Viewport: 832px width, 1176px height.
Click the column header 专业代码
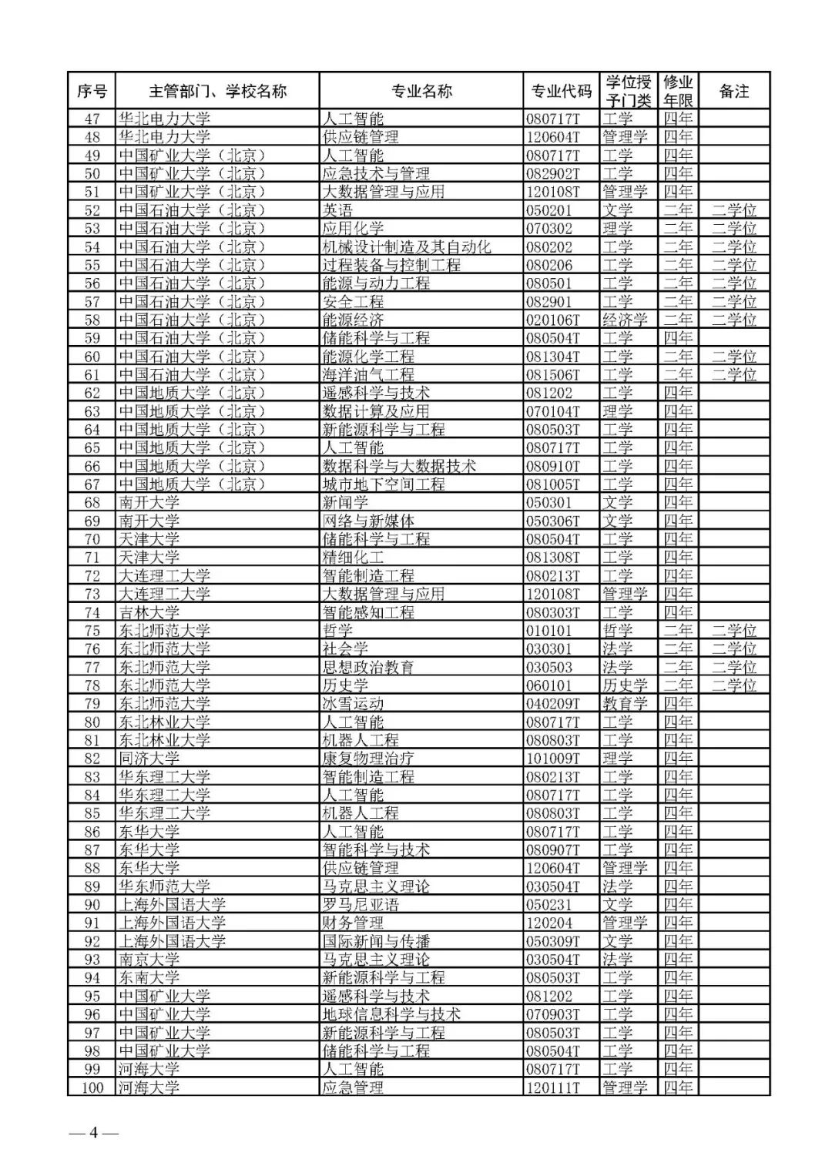[x=561, y=91]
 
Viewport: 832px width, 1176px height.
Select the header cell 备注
[x=733, y=91]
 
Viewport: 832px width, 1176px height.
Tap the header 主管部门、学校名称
[x=217, y=91]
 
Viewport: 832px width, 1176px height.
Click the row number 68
[x=92, y=503]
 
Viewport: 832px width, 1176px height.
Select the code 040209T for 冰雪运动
[x=553, y=704]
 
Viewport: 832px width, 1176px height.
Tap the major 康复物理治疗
[x=368, y=759]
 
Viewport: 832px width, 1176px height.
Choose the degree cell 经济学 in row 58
[x=625, y=320]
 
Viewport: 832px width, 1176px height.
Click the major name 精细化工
[x=353, y=558]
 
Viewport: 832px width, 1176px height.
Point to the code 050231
[x=549, y=905]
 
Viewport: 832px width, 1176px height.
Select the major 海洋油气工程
[x=368, y=375]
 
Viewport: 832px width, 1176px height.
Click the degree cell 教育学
[x=625, y=704]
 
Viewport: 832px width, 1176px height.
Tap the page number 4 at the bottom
[x=94, y=1132]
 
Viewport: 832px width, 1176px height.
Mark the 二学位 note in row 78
[x=733, y=685]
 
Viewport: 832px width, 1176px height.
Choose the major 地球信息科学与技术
[x=391, y=1014]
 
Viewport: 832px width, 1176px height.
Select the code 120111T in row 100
[x=553, y=1087]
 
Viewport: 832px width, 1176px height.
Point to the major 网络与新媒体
[x=368, y=521]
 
